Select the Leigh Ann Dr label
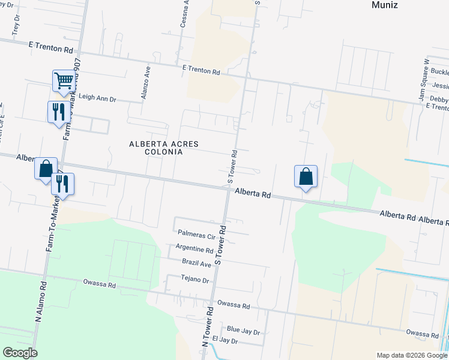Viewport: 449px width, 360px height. click(x=97, y=97)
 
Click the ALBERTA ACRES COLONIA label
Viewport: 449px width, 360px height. click(x=156, y=148)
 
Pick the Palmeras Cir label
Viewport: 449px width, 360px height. click(x=196, y=232)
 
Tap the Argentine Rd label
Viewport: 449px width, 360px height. click(x=194, y=248)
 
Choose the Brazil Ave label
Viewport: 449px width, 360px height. click(x=197, y=263)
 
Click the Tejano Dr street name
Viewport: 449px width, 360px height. click(x=195, y=280)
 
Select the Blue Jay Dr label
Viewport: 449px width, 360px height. click(x=244, y=331)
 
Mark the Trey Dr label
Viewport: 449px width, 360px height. click(x=16, y=24)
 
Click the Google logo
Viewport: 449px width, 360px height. click(x=20, y=353)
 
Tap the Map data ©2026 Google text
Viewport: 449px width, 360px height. click(x=411, y=355)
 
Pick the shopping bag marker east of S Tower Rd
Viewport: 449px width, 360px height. click(x=306, y=176)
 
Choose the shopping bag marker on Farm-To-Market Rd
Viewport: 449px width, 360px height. click(x=46, y=169)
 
